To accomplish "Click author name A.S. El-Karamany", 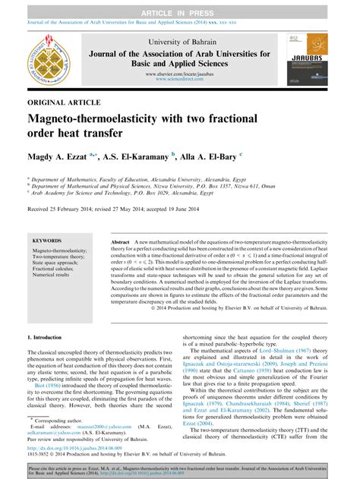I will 140,155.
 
